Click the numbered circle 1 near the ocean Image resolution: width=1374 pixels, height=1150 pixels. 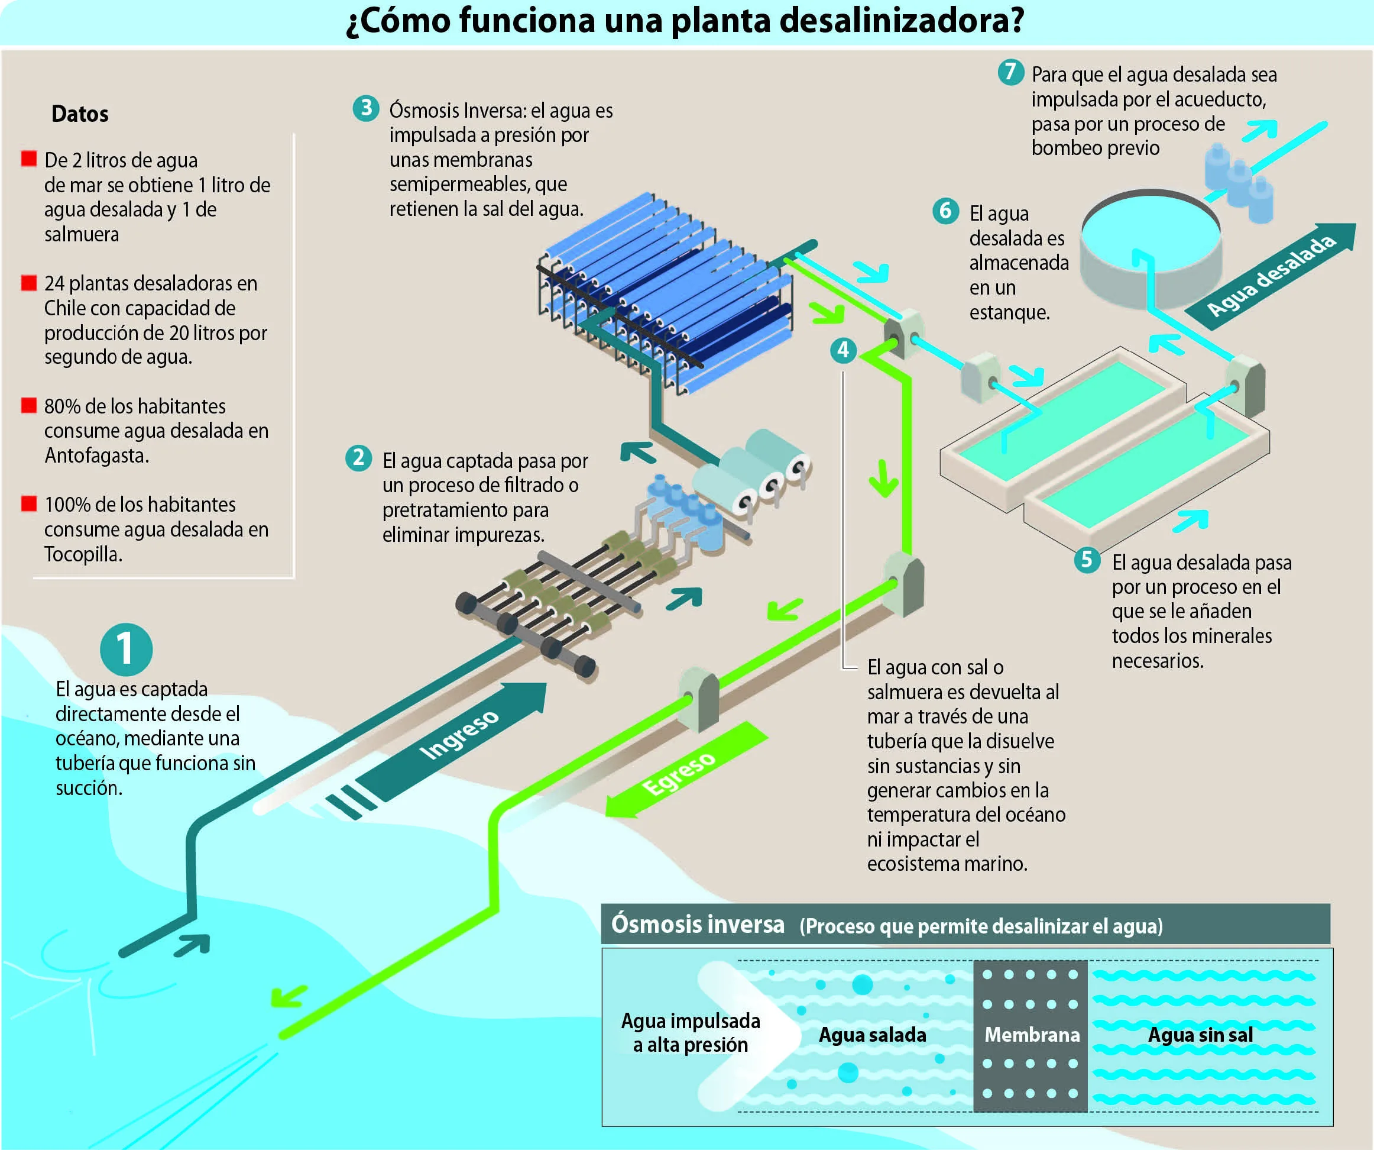click(127, 650)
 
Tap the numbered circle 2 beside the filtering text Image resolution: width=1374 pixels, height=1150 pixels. click(358, 458)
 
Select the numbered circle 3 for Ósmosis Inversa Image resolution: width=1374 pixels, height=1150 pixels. click(367, 107)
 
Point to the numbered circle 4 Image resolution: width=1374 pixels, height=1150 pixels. click(843, 350)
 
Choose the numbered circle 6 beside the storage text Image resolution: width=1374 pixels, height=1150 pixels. click(945, 211)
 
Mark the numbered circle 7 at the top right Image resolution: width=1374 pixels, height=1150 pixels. click(1011, 72)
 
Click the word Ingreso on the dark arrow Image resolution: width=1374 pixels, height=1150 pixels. click(459, 734)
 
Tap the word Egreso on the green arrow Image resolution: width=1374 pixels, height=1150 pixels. click(679, 774)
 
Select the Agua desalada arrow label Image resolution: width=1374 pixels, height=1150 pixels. click(1271, 276)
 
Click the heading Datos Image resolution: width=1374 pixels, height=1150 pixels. click(80, 114)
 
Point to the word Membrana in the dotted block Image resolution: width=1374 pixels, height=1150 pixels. click(1032, 1034)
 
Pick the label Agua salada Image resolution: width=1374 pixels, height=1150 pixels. click(872, 1035)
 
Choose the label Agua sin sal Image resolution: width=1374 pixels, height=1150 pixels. click(1201, 1035)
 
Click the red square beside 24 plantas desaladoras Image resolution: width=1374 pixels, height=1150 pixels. click(29, 283)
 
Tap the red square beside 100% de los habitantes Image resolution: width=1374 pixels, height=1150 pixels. click(29, 503)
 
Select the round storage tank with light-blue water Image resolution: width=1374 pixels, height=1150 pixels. click(1151, 248)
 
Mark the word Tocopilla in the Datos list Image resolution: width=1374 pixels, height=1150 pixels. click(83, 554)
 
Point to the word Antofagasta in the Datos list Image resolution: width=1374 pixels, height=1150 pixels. click(97, 456)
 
